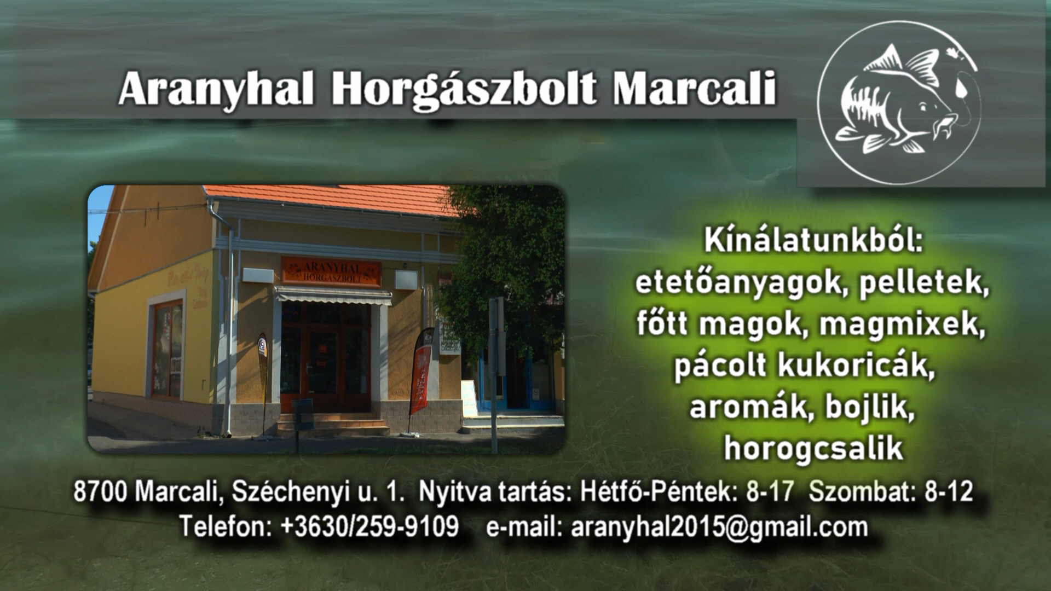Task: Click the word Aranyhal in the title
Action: click(217, 88)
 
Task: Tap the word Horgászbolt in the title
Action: click(463, 88)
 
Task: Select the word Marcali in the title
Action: click(694, 88)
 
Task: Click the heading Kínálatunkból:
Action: click(813, 242)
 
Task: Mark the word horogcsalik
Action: click(813, 449)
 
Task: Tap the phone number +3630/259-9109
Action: click(369, 526)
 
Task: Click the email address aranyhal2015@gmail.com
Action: click(719, 527)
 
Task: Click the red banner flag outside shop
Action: click(421, 372)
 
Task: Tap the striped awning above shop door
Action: click(333, 297)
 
